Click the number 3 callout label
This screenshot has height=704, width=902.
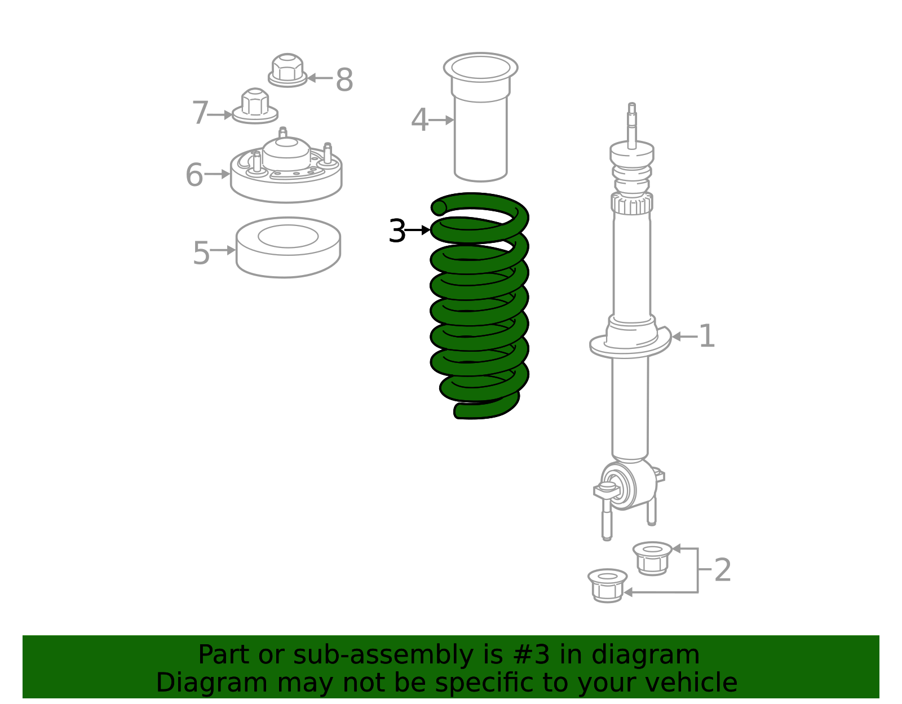pos(397,231)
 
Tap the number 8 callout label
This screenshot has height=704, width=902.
pos(344,80)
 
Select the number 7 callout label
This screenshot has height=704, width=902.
pos(200,113)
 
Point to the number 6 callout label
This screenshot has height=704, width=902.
pos(194,175)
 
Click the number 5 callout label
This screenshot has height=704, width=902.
pos(201,253)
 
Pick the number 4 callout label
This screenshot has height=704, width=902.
pos(419,120)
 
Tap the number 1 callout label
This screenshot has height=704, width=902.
pos(706,336)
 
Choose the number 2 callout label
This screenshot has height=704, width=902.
pos(722,570)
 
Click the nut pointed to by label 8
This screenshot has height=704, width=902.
pos(288,70)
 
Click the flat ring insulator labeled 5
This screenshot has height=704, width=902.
pos(288,248)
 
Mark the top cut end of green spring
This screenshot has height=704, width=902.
pos(439,208)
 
